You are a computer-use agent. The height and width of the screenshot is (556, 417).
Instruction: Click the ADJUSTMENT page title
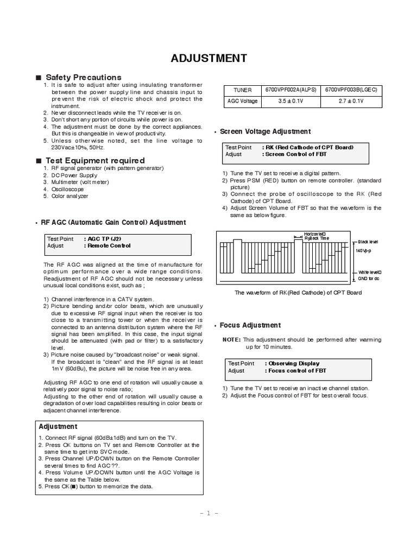pos(209,58)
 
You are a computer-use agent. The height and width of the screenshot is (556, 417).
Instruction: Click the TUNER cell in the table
pos(242,90)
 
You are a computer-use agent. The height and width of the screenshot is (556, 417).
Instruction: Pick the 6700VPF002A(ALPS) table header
pos(290,90)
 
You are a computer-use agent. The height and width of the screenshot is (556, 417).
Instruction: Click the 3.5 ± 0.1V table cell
pos(290,102)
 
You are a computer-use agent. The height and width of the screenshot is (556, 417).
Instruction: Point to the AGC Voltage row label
pos(242,102)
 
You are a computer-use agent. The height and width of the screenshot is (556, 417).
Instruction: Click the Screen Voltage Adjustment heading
pos(265,131)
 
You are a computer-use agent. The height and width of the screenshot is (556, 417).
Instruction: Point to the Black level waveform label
pos(367,241)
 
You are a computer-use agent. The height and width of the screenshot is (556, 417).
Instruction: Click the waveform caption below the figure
pos(298,293)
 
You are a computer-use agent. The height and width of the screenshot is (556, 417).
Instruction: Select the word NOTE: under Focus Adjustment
pos(232,339)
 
